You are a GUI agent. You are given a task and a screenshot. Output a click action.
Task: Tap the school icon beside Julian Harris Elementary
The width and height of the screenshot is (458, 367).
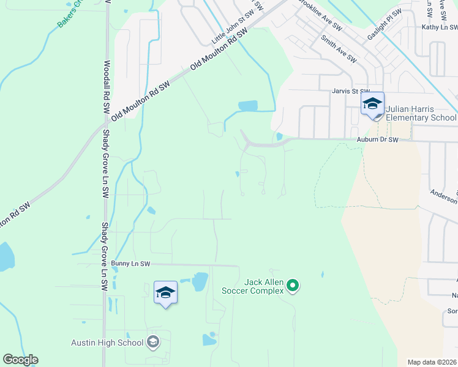[372, 105]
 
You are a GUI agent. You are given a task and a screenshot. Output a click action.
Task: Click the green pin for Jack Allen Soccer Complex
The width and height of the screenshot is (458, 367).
[293, 286]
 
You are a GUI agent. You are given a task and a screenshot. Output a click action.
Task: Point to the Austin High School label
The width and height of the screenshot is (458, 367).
[107, 343]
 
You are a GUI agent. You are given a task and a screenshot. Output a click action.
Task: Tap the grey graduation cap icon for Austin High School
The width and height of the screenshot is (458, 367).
[153, 342]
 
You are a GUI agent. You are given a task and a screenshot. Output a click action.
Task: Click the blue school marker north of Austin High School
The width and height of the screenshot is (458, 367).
[165, 293]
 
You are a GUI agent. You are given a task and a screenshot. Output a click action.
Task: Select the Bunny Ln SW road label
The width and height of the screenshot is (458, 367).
[130, 264]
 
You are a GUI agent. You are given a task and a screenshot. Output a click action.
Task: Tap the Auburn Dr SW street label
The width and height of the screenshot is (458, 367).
[378, 139]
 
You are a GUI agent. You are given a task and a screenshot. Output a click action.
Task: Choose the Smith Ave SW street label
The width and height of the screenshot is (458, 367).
[339, 48]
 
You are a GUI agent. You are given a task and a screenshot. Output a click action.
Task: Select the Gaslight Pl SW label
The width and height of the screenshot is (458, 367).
[385, 29]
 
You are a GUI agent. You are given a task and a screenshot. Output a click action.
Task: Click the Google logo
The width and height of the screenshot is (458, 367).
[20, 360]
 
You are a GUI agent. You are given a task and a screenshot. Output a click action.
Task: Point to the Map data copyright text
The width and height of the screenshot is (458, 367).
[432, 362]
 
